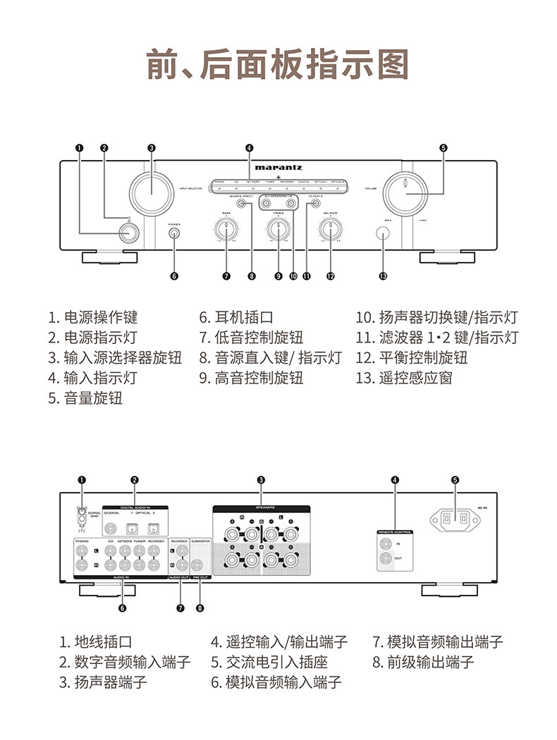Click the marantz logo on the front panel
coord(279,168)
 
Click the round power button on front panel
coord(128,232)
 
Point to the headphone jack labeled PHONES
coord(174,233)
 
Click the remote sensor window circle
coord(383,233)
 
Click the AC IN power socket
coord(455,519)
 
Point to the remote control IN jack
coord(386,543)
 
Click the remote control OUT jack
coord(386,560)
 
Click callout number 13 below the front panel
coord(383,276)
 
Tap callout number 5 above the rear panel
coord(455,480)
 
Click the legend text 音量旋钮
coord(93,398)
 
